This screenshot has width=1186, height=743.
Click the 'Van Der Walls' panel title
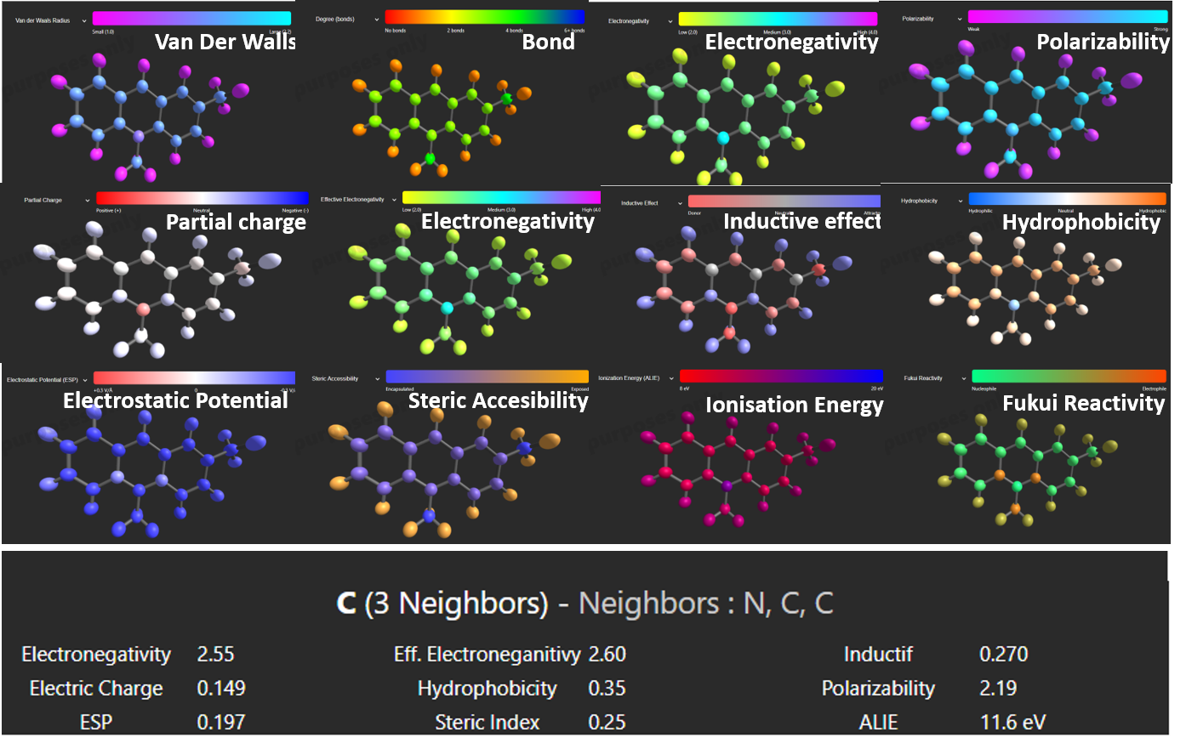(225, 42)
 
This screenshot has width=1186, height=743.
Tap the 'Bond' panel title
(548, 42)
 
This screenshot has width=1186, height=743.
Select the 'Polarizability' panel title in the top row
(1103, 42)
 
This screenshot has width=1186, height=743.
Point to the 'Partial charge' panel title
(236, 222)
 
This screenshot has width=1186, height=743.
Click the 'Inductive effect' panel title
(801, 221)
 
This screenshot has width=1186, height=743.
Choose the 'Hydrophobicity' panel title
(1081, 222)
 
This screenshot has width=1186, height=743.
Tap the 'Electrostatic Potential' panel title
(175, 400)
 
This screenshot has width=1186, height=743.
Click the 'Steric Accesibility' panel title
(498, 400)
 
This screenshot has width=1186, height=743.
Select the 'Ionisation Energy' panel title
(794, 405)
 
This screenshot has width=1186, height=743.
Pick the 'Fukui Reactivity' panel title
(1083, 403)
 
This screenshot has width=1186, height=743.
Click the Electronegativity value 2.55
(215, 654)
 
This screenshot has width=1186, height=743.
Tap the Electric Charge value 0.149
(221, 688)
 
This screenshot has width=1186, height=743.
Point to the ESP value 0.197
(221, 722)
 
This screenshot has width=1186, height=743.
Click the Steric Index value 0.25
(607, 722)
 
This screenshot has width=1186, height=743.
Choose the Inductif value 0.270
(1003, 654)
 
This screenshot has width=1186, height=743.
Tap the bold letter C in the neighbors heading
(346, 603)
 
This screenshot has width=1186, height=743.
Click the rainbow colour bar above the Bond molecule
(485, 16)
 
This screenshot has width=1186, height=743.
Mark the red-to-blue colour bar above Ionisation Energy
(781, 376)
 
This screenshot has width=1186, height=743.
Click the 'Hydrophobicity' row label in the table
(487, 688)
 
